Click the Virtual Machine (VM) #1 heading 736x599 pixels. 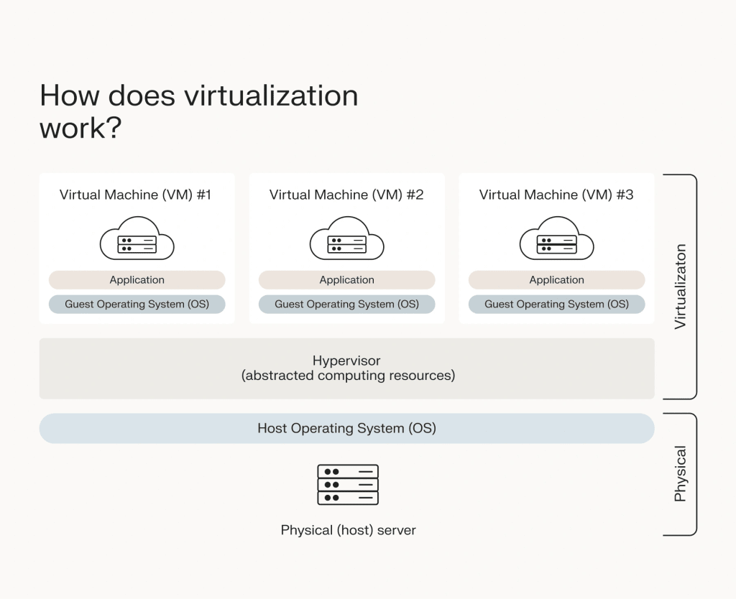click(x=135, y=195)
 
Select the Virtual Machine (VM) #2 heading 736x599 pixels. click(x=346, y=195)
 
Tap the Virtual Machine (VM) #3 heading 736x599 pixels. click(x=556, y=195)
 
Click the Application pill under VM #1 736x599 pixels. click(x=137, y=280)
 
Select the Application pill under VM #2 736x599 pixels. click(x=346, y=280)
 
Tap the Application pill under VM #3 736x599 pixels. click(x=556, y=280)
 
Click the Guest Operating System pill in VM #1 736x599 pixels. click(x=137, y=305)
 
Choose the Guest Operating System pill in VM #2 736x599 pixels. click(x=346, y=305)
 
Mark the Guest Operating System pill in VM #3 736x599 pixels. click(x=556, y=305)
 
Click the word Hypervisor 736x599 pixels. click(x=346, y=361)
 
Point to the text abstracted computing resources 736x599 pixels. click(x=349, y=376)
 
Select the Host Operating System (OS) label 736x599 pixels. click(x=346, y=429)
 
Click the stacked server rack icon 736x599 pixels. click(x=348, y=485)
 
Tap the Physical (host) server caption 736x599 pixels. click(x=348, y=531)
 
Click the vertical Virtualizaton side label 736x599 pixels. click(x=680, y=287)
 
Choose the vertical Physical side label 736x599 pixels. click(x=680, y=474)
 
